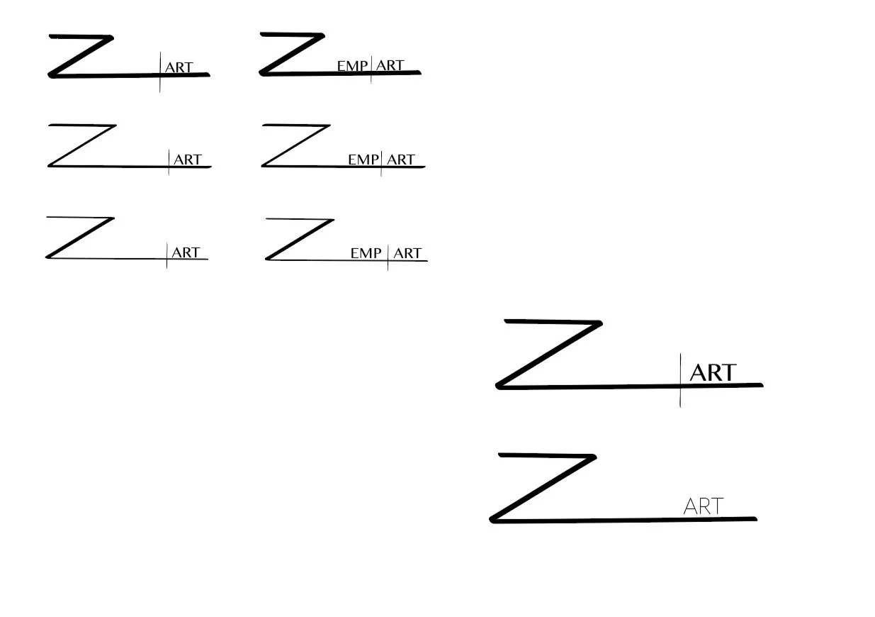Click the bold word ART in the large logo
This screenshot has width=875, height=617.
coord(713,372)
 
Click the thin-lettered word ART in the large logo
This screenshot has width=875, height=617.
coord(703,506)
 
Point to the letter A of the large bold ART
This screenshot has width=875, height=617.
coord(698,372)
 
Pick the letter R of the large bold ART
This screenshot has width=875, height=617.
coord(713,372)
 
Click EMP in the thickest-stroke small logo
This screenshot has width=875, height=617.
coord(352,66)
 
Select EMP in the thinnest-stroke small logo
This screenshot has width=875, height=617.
coord(366,253)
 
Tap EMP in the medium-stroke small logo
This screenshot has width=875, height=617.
coord(363,160)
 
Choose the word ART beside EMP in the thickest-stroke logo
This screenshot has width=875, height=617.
coord(390,66)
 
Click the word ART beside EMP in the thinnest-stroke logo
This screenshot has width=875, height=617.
coord(407,253)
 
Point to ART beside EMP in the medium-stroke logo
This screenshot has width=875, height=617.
coord(400,160)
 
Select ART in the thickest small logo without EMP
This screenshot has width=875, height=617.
coord(179,68)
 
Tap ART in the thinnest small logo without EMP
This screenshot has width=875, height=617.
coord(186,252)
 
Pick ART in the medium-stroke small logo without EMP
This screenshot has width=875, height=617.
coord(188,160)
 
